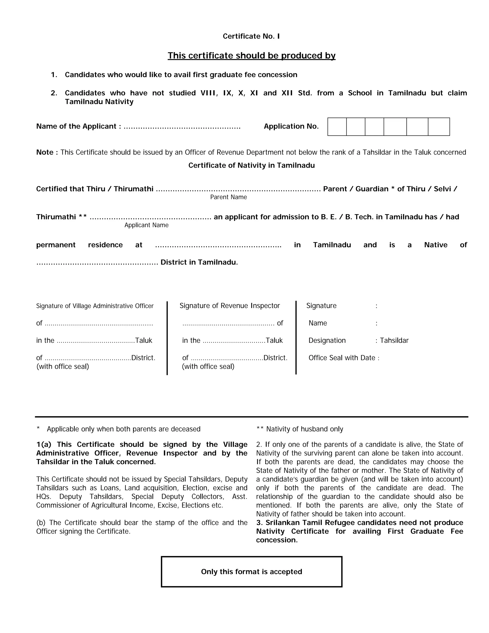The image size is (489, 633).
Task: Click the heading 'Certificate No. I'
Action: coord(251,36)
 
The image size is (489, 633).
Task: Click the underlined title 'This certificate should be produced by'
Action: coord(251,55)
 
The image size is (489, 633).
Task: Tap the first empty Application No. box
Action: coord(337,127)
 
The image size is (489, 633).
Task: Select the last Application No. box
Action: coord(439,127)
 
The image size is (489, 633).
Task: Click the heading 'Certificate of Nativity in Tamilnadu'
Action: coord(251,166)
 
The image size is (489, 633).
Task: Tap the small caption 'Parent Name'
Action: coord(229,197)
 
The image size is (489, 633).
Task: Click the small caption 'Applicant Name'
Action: coord(146,225)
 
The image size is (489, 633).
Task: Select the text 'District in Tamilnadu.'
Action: coord(199,262)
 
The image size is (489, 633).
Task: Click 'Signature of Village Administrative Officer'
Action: coord(95,306)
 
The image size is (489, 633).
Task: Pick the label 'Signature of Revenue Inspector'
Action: coord(230,306)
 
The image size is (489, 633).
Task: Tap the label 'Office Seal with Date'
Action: coord(342,358)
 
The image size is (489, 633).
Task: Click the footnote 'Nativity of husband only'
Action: coord(304,429)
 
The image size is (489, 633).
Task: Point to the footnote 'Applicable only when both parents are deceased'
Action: coord(123,429)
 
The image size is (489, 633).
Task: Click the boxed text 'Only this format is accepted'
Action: coord(251,572)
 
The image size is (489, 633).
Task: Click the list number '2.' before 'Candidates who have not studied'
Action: coord(54,93)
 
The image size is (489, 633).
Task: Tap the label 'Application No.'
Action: coord(291,126)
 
